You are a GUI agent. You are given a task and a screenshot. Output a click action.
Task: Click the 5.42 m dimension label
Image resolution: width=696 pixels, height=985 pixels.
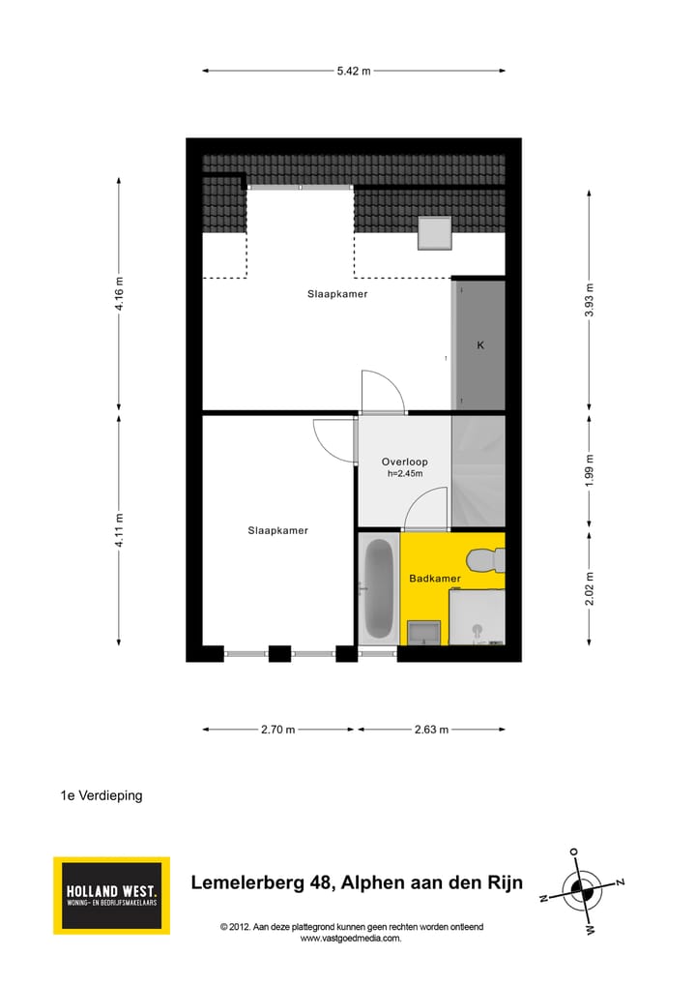[x=354, y=71]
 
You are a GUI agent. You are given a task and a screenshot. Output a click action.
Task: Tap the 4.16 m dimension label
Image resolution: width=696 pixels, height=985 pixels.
[x=119, y=293]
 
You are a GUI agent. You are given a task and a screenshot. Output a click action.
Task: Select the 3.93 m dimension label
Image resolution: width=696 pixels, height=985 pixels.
[x=589, y=299]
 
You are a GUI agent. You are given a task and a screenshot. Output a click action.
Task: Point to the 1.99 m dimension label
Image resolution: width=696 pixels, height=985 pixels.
[x=589, y=469]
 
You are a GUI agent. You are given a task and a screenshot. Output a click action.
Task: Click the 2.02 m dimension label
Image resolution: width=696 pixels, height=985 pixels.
[x=589, y=588]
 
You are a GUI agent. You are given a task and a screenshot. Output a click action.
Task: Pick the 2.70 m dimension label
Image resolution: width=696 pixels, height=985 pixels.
[x=277, y=730]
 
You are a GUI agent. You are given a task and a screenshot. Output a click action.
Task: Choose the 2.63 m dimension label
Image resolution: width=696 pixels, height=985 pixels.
[x=431, y=730]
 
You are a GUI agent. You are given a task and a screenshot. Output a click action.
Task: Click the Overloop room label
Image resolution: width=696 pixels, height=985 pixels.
[x=404, y=462]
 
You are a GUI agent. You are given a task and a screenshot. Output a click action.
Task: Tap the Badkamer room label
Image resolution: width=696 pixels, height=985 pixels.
[x=434, y=579]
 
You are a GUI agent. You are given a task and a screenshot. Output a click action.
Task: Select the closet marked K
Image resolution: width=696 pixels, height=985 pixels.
[x=479, y=345]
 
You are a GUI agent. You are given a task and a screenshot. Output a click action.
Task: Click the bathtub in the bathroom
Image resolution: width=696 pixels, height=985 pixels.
[x=378, y=587]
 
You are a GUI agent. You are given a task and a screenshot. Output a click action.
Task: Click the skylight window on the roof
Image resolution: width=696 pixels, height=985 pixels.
[x=435, y=233]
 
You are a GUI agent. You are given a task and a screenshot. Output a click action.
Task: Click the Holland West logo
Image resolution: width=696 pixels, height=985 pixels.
[x=111, y=895]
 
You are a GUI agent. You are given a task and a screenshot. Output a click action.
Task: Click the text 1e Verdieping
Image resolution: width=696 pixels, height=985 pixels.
[x=101, y=795]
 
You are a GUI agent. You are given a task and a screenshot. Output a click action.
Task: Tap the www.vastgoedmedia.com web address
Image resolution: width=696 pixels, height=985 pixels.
[x=350, y=938]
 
